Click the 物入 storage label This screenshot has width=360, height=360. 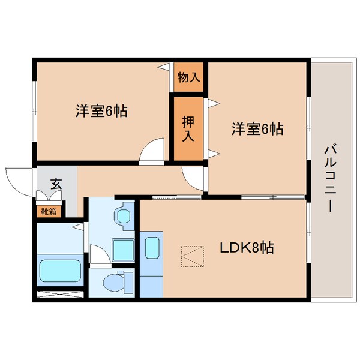coord(188,77)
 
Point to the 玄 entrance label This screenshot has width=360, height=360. coord(56,184)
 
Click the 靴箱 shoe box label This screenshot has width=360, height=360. coord(49,211)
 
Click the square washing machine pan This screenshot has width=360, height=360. coord(124,248)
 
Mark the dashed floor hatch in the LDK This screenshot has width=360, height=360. coord(193,257)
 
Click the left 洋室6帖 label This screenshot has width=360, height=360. coord(101,111)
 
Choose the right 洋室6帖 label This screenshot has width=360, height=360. coord(257,128)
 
